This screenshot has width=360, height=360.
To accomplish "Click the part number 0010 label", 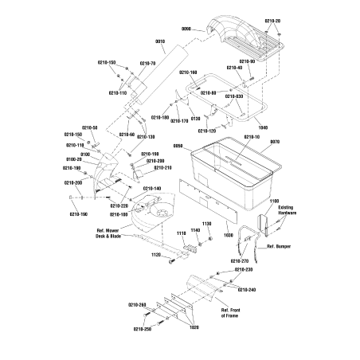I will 160,41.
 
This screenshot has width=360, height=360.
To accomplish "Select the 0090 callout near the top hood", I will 188,29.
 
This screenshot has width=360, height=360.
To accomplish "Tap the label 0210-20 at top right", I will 272,21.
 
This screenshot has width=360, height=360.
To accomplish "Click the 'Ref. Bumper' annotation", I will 279,247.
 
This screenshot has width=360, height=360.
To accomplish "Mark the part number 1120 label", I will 156,254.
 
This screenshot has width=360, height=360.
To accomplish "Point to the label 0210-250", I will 142,329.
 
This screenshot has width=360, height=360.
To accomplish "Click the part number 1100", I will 275,202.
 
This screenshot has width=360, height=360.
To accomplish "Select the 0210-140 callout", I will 151,188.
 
